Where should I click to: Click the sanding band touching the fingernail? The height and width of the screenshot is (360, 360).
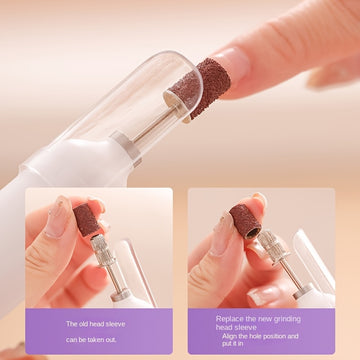200,88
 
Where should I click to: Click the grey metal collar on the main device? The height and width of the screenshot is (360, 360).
127,148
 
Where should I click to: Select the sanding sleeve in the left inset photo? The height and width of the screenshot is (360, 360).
86,220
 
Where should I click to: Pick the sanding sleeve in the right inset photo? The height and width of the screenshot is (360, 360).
245,221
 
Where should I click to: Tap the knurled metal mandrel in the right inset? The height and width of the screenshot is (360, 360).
272,247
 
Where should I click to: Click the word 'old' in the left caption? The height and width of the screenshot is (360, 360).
82,324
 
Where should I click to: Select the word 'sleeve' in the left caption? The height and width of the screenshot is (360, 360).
115,324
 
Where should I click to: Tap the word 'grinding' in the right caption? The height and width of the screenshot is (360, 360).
286,319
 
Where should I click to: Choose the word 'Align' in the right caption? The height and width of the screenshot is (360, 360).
229,336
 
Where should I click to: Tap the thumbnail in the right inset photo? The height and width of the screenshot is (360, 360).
220,234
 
